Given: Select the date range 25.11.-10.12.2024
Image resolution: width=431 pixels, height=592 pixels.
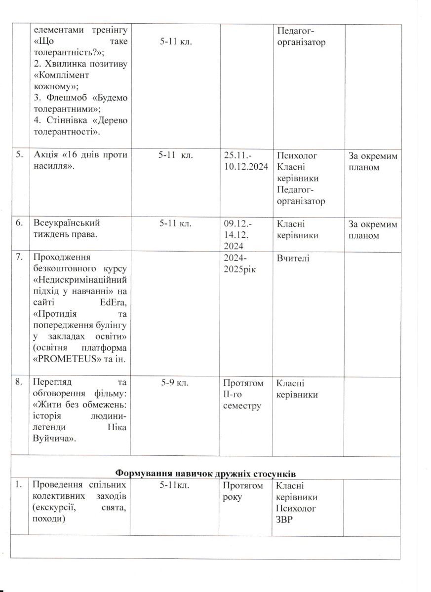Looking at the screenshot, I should (245, 161).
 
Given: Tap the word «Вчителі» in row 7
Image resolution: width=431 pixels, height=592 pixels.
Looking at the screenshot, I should (293, 258).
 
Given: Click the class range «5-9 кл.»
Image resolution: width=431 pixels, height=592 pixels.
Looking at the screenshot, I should (175, 383).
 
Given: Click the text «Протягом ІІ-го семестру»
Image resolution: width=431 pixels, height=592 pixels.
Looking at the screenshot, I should (243, 395).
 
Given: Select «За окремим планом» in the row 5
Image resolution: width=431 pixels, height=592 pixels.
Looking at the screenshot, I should (372, 161).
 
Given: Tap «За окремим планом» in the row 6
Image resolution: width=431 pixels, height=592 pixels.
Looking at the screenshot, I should (372, 229).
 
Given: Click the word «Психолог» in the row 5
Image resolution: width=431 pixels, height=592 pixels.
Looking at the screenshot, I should (297, 155).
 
